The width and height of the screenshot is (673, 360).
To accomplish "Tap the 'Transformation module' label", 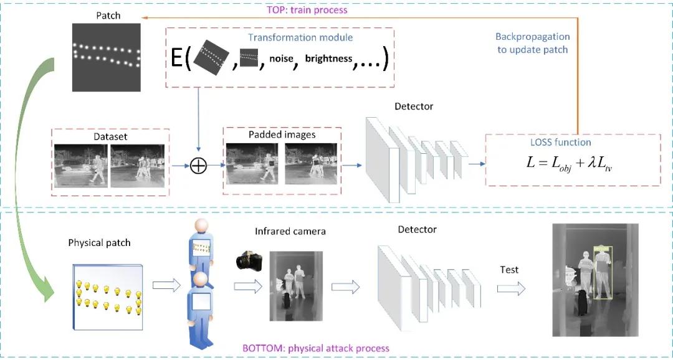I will tap(300, 37).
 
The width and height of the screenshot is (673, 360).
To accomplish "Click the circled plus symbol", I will tap(198, 166).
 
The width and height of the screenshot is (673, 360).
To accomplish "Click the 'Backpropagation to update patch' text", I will tap(532, 43).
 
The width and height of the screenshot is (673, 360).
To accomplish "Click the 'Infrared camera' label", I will tap(290, 232).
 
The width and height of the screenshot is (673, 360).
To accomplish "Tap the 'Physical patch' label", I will tap(99, 242).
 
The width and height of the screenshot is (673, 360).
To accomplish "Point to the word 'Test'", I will tap(509, 270).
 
